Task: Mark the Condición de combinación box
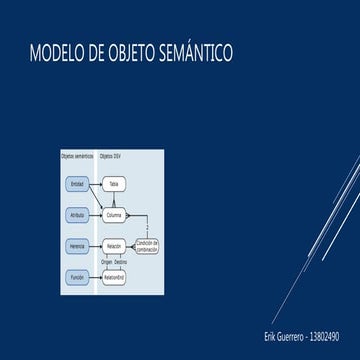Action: tap(147, 244)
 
